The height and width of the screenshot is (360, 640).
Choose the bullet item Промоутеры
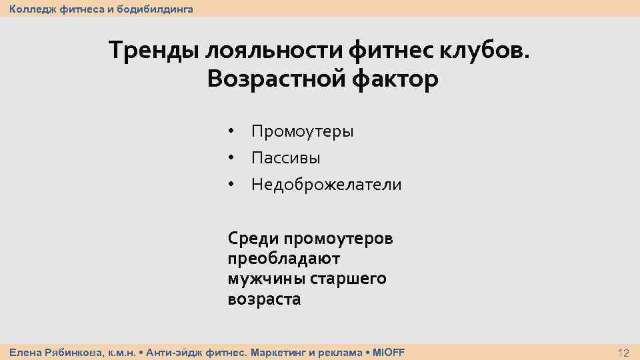coord(302,131)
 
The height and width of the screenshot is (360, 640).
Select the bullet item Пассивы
coord(285,158)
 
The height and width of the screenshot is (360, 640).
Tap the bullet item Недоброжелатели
coord(326,185)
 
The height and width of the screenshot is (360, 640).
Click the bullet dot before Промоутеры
coord(231,131)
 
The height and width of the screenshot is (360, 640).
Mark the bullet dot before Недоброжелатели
coord(231,185)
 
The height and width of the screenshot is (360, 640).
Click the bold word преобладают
coord(283,259)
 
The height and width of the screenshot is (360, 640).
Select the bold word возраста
coord(264,299)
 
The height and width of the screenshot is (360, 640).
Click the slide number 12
coord(623,353)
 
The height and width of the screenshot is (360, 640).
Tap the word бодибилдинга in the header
coord(155,9)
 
